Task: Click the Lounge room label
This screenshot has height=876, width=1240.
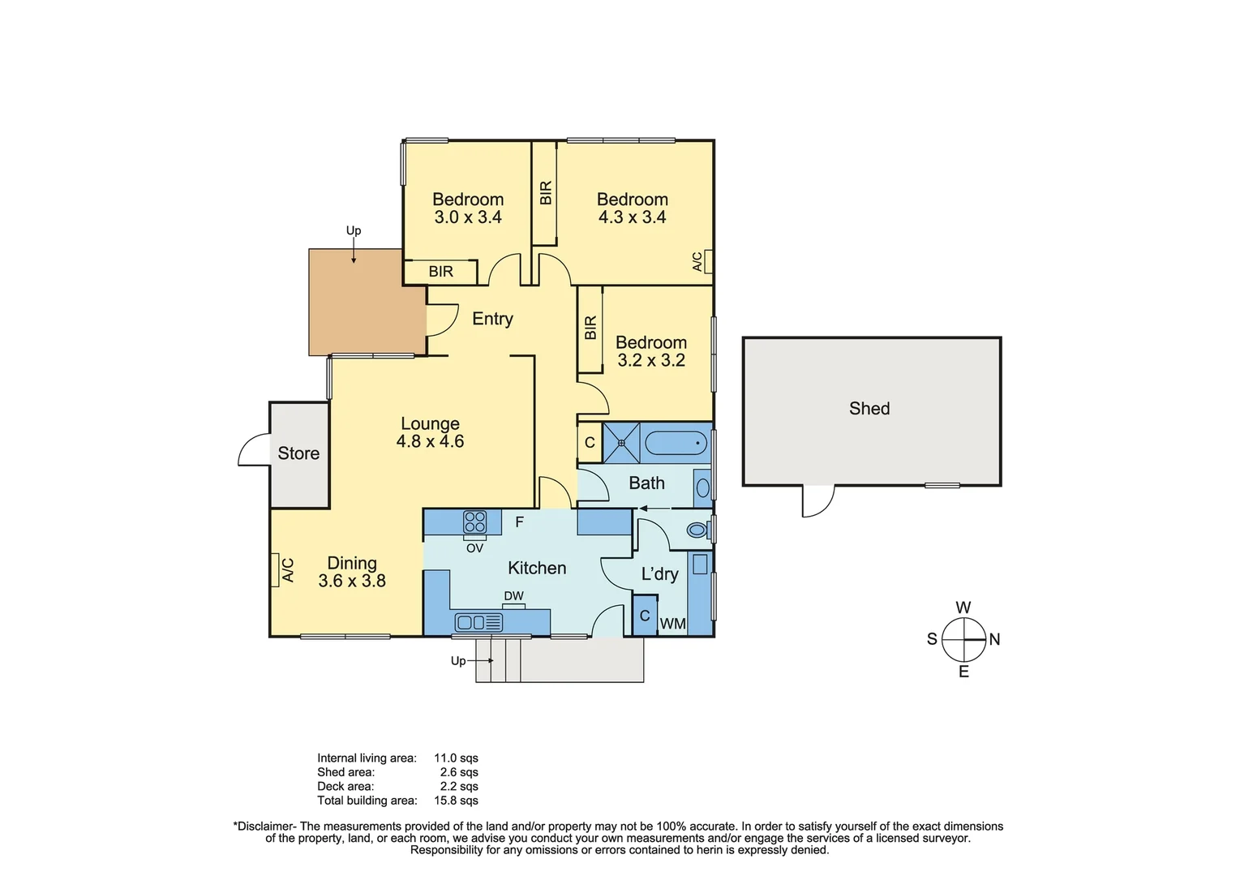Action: tap(430, 423)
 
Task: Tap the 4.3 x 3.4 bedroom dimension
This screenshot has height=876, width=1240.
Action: tap(632, 217)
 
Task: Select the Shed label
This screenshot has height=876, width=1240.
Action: tap(869, 409)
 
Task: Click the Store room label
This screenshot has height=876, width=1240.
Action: tap(298, 453)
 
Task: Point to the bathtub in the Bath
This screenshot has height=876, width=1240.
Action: tap(676, 444)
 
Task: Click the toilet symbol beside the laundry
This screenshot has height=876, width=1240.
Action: tap(697, 530)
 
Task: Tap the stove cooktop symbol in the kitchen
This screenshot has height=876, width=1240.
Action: tap(474, 522)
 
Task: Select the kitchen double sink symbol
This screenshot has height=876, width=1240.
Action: tap(478, 622)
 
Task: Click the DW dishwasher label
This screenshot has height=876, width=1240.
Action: tap(513, 596)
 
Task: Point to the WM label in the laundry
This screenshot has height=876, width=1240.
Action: tap(673, 624)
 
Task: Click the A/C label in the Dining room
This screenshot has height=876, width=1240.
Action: tap(287, 570)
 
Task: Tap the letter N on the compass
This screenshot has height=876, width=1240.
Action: tap(994, 639)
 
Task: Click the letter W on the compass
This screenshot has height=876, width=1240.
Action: tap(963, 608)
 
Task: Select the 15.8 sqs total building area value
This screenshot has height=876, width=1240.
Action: tap(456, 801)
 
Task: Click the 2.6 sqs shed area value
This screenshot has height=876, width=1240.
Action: tap(459, 772)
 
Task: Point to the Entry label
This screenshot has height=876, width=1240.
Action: tap(492, 319)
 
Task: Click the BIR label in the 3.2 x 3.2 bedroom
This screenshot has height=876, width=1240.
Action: tap(590, 328)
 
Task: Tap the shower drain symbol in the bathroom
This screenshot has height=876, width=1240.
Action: tap(622, 443)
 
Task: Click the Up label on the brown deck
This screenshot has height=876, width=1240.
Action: tap(354, 231)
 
